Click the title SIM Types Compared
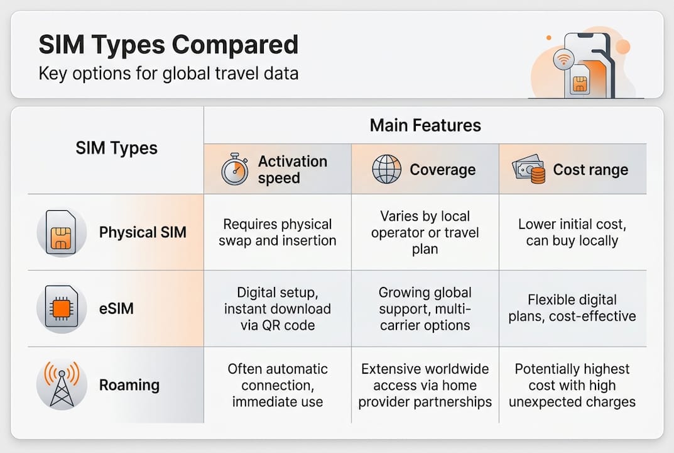168,45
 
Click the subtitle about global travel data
168,74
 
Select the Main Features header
425,125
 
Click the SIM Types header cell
116,148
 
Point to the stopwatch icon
234,170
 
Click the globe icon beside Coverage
386,170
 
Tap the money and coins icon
528,170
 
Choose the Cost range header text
590,170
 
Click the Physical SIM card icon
60,232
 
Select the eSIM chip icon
60,309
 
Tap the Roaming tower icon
60,384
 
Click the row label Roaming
129,384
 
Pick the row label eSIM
116,309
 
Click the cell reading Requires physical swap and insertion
277,232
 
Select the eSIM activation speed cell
277,309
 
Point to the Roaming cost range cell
572,385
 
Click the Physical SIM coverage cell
425,232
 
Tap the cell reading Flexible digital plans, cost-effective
572,308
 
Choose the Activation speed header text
292,169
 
